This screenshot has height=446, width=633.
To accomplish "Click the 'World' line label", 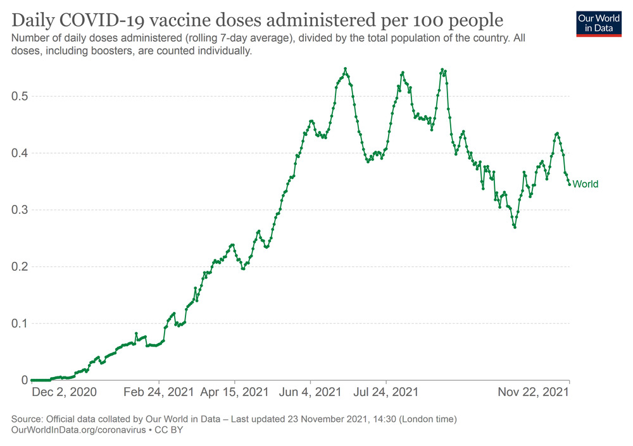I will point(586,184).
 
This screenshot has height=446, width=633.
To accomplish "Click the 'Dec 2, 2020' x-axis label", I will point(64,392).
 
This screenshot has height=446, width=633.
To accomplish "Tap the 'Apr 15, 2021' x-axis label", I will point(234,392).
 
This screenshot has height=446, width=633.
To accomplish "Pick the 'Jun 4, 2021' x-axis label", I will point(310,392).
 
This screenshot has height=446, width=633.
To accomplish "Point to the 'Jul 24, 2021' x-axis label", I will point(386,392).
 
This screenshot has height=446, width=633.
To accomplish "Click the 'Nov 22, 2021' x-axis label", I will point(533,392).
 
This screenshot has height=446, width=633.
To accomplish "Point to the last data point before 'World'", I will point(569,184).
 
